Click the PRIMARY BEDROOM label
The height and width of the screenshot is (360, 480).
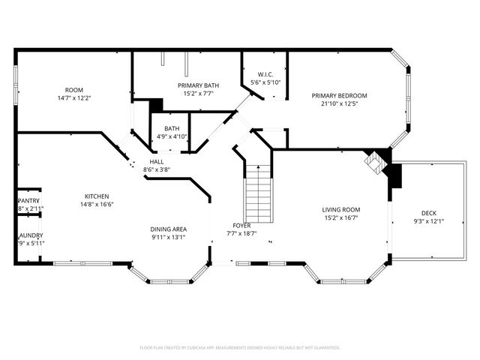click(339, 95)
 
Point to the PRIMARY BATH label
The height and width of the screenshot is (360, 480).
click(198, 85)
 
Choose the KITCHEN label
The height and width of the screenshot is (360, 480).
click(96, 196)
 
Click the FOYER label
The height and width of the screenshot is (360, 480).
click(241, 225)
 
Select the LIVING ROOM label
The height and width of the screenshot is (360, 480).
click(341, 210)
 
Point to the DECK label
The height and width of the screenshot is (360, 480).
click(428, 212)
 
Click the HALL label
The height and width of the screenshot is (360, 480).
click(157, 161)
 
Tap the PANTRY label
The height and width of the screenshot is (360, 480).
click(28, 201)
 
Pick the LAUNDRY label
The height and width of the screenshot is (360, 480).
click(30, 235)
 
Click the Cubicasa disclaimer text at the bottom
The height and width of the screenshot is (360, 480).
click(240, 347)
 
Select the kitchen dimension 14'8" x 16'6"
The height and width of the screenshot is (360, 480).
click(96, 203)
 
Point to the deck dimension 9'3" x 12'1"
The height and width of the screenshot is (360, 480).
click(428, 220)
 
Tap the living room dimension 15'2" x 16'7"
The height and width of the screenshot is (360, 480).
click(341, 218)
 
